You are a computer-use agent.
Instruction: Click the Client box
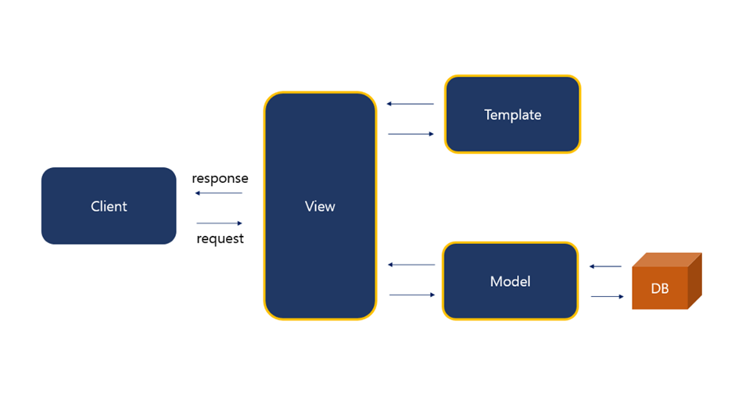point(109,205)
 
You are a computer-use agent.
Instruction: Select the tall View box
point(320,205)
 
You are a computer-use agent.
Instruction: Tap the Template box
point(512,114)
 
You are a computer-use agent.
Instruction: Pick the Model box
point(510,281)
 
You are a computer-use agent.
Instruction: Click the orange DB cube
point(666,281)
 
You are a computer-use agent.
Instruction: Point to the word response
point(220,179)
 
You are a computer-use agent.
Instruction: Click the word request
point(220,238)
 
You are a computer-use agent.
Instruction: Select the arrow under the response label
point(218,193)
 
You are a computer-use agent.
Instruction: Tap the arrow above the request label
point(220,223)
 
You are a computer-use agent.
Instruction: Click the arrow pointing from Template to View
point(411,104)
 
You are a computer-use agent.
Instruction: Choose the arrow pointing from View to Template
point(411,134)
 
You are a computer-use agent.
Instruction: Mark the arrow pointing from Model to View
point(411,265)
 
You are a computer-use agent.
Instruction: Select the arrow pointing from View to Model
point(413,295)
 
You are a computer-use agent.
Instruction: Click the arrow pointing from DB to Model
point(605,266)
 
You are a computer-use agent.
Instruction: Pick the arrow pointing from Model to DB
point(608,296)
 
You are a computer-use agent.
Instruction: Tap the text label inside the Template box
point(512,115)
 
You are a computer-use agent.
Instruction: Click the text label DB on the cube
point(659,288)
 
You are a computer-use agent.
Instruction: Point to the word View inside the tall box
point(320,206)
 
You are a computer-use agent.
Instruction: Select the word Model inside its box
point(510,281)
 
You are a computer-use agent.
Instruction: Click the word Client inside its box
point(109,206)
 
